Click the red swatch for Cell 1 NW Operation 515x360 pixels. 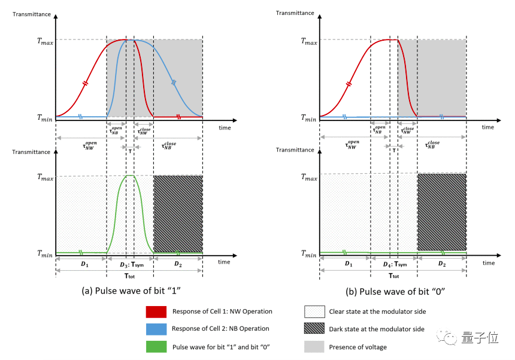click(x=156, y=311)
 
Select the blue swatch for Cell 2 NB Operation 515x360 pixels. click(x=156, y=329)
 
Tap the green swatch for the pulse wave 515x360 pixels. click(x=156, y=346)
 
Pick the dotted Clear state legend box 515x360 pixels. click(x=315, y=311)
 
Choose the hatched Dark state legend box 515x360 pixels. click(x=315, y=329)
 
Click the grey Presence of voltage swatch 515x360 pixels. click(x=315, y=346)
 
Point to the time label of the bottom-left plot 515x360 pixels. click(x=224, y=262)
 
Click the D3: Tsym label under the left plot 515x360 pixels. click(x=130, y=265)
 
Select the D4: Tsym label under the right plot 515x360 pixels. click(x=394, y=265)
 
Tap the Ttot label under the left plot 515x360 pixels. click(x=129, y=276)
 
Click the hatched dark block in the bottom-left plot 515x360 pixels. click(x=178, y=213)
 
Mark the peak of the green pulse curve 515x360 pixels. click(x=130, y=176)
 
